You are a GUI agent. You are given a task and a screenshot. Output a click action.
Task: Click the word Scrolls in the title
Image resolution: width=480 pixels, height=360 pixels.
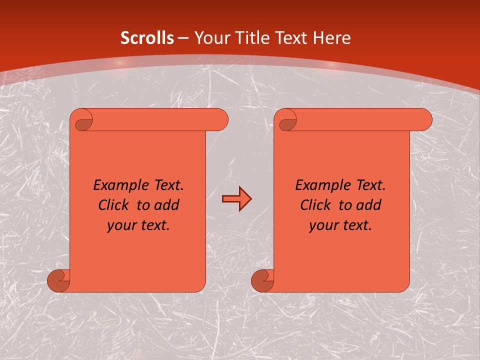pos(147,38)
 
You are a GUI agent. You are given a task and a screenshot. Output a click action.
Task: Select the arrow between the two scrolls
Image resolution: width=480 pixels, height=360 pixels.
pos(236,199)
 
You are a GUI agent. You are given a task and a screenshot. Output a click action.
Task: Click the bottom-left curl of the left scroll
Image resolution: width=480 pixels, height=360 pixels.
pos(59,281)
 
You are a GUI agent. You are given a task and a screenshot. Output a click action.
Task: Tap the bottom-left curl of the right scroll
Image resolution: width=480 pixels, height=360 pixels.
pos(262,281)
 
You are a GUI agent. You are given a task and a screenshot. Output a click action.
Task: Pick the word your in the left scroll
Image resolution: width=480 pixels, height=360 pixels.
pos(120,225)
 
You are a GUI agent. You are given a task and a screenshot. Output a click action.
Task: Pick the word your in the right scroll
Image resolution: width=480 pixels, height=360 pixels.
pos(322,225)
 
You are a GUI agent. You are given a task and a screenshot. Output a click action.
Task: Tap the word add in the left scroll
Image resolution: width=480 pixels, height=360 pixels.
pos(166,205)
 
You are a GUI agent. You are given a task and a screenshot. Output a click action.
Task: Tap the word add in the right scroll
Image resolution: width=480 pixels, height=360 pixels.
pos(368,205)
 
